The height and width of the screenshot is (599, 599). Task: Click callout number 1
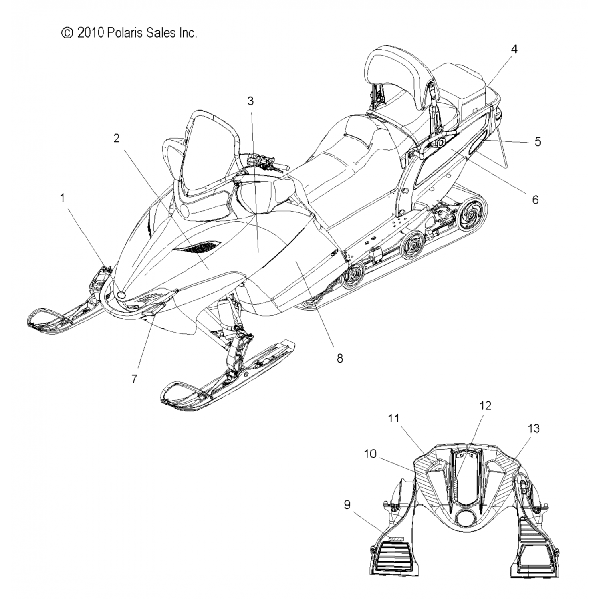[62, 198]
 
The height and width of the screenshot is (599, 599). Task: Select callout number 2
[116, 138]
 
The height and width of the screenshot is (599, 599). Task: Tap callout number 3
[250, 101]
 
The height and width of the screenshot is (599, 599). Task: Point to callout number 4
[514, 49]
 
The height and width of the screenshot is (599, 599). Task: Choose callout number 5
[538, 141]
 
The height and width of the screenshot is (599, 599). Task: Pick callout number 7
[134, 379]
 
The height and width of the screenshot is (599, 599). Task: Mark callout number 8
[340, 358]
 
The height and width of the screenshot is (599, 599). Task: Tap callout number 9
[347, 505]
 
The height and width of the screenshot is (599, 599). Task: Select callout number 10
[370, 454]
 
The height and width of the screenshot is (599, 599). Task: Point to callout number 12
[485, 406]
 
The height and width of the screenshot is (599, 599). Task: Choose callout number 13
[534, 429]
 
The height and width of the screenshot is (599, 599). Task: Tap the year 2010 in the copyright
[90, 33]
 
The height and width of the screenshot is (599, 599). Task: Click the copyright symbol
[67, 33]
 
